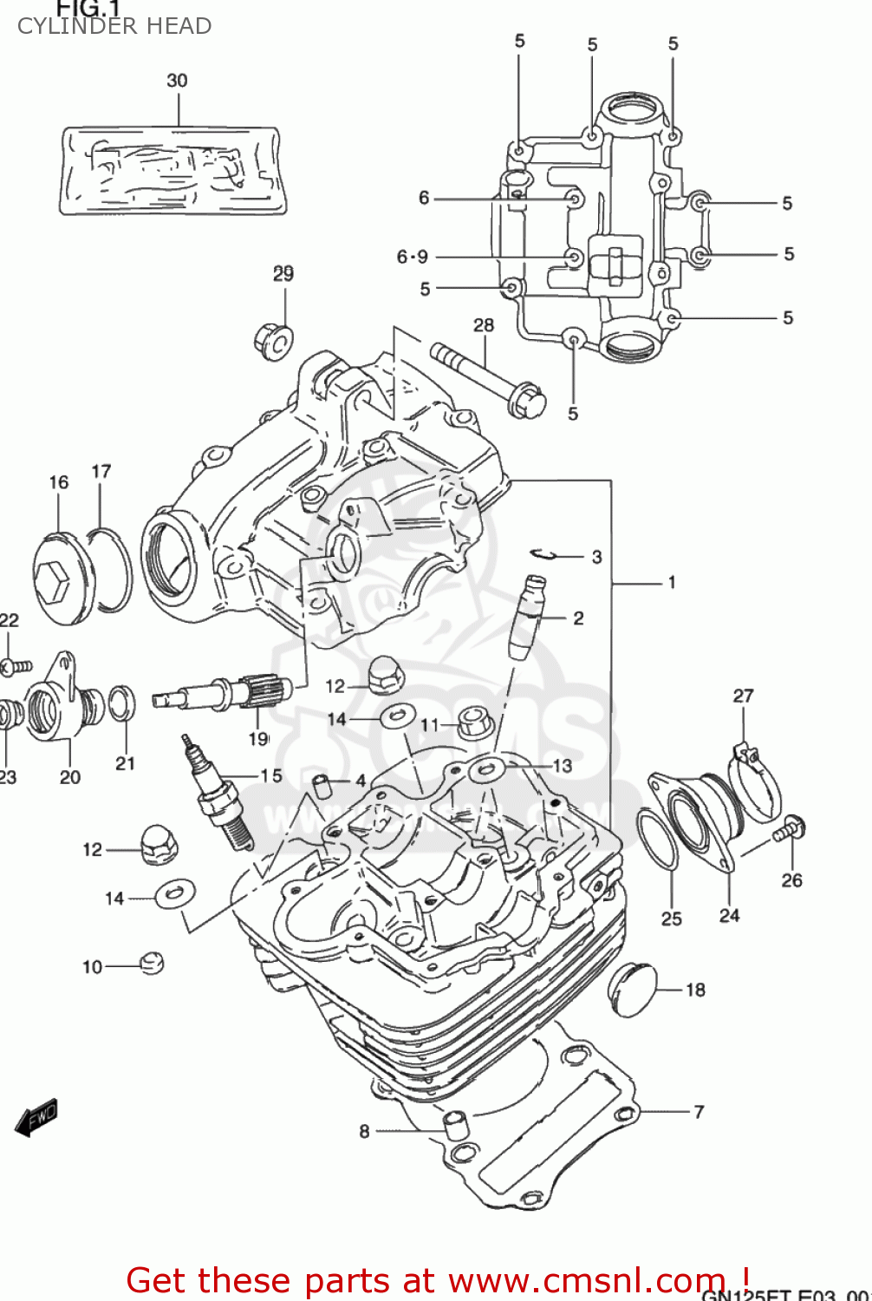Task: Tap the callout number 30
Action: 177,81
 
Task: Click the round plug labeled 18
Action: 632,989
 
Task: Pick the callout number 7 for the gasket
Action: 699,1112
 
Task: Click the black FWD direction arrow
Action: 36,1119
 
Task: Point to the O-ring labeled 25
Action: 658,838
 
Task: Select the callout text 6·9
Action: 413,257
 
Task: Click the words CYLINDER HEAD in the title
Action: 114,27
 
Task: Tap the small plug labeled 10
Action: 151,964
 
